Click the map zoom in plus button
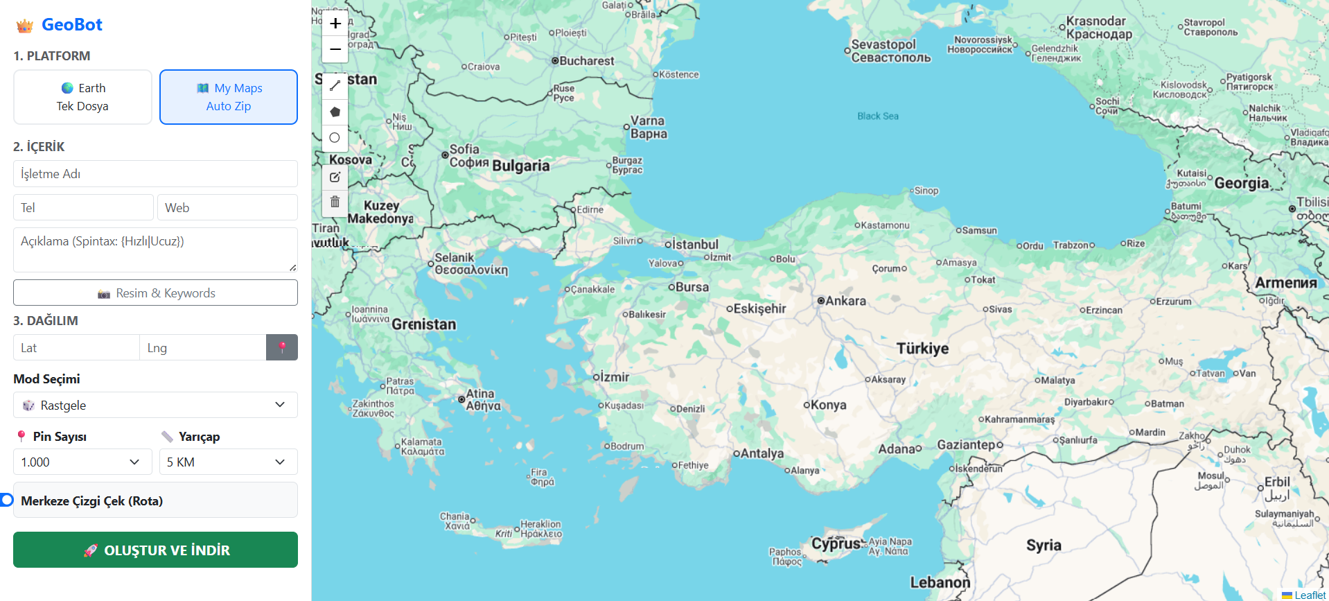pyautogui.click(x=335, y=24)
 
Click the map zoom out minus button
pyautogui.click(x=335, y=50)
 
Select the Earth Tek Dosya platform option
pyautogui.click(x=82, y=97)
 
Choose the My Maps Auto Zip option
pyautogui.click(x=229, y=97)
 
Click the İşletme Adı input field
pyautogui.click(x=155, y=174)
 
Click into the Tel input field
pyautogui.click(x=83, y=208)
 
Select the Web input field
pyautogui.click(x=228, y=208)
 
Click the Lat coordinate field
pyautogui.click(x=76, y=348)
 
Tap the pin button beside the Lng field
pyautogui.click(x=282, y=348)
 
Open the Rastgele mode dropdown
pyautogui.click(x=155, y=406)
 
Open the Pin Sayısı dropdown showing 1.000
pyautogui.click(x=82, y=462)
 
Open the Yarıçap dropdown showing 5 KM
pyautogui.click(x=228, y=462)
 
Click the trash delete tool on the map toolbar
pyautogui.click(x=335, y=202)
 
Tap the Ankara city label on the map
pyautogui.click(x=845, y=301)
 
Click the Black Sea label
pyautogui.click(x=878, y=116)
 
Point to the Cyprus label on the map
pyautogui.click(x=836, y=543)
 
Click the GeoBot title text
pyautogui.click(x=72, y=25)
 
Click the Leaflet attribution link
pyautogui.click(x=1310, y=595)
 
